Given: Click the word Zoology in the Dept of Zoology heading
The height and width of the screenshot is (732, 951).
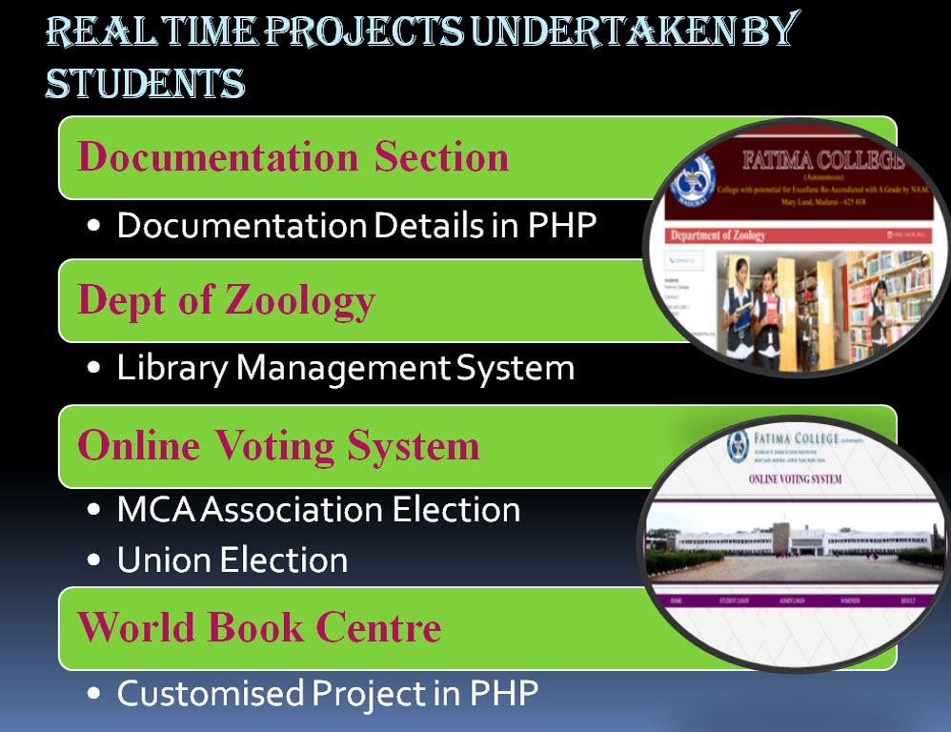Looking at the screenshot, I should pyautogui.click(x=300, y=300).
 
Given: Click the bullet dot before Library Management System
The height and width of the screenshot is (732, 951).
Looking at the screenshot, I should pyautogui.click(x=93, y=369).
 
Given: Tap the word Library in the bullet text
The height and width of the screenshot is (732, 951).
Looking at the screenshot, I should pyautogui.click(x=172, y=367).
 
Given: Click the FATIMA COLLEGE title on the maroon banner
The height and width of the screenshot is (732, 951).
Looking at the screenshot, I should pyautogui.click(x=824, y=159).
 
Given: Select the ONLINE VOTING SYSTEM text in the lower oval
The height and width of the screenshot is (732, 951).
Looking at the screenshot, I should pyautogui.click(x=796, y=478).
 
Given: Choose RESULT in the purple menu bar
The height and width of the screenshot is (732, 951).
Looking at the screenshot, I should pyautogui.click(x=906, y=601).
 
